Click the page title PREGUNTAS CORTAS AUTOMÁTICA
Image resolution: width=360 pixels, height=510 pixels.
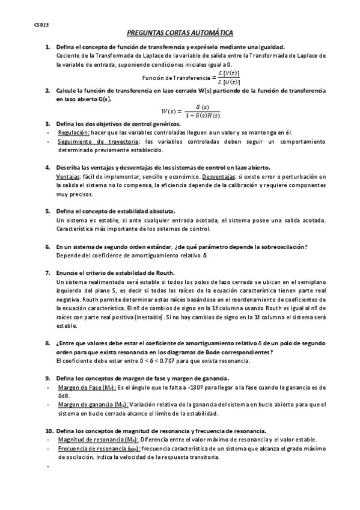pyautogui.click(x=180, y=34)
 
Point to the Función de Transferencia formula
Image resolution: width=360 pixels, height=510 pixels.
pyautogui.click(x=191, y=78)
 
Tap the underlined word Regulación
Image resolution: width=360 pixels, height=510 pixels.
pyautogui.click(x=74, y=131)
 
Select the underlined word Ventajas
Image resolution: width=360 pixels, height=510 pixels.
pyautogui.click(x=67, y=177)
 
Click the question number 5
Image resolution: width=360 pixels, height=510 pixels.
pyautogui.click(x=48, y=211)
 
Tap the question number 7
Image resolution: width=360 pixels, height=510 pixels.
pyautogui.click(x=48, y=272)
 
